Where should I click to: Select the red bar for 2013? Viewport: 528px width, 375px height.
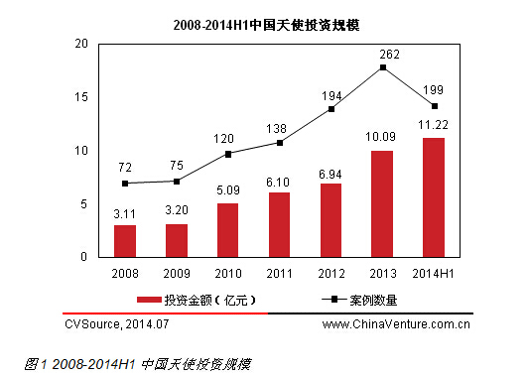[x=383, y=203]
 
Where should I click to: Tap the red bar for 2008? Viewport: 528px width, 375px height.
[x=124, y=240]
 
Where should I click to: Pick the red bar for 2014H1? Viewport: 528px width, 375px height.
[x=435, y=197]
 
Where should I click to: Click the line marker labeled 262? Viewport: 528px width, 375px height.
[x=383, y=67]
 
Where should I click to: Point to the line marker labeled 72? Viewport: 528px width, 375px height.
[x=124, y=184]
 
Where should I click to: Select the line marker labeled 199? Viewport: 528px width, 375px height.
[x=435, y=106]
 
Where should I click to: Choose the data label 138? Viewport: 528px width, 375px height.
[x=280, y=129]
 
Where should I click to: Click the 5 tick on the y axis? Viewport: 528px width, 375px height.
[x=84, y=204]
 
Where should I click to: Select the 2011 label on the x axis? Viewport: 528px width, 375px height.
[x=280, y=270]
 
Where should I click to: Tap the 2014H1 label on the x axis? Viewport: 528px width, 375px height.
[x=435, y=270]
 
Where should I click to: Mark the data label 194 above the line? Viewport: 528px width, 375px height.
[x=331, y=95]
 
